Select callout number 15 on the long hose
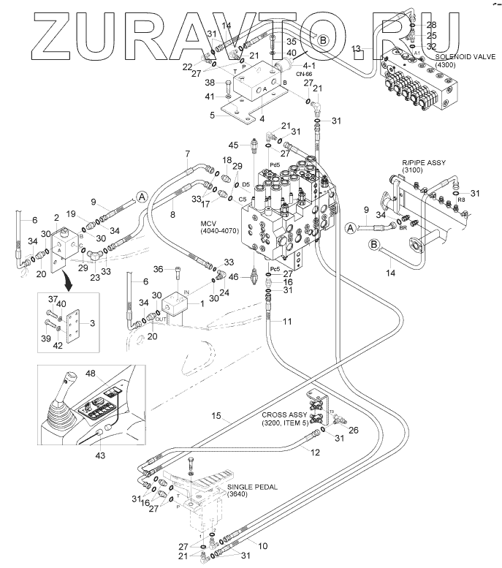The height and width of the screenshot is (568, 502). [216, 416]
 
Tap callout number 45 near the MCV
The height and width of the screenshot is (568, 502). [234, 144]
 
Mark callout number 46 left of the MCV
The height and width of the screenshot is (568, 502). [233, 277]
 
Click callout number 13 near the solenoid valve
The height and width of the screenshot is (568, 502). [356, 48]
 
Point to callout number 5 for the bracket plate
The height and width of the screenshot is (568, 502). [213, 114]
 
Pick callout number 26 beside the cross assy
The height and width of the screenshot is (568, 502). [354, 430]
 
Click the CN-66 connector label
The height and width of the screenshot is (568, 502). [304, 74]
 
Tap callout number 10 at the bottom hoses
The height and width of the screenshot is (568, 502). [263, 545]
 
